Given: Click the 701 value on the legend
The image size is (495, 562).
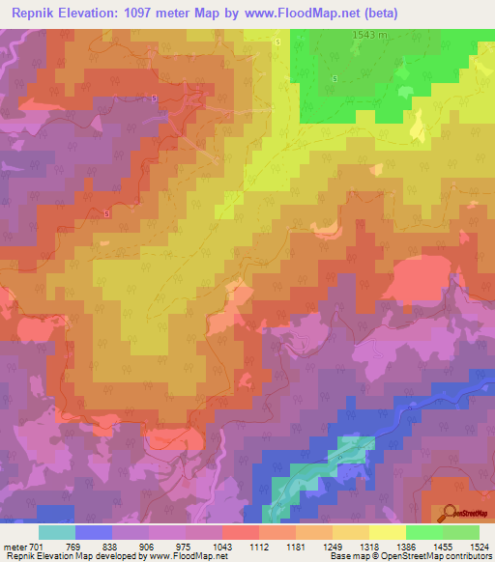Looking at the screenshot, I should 37,547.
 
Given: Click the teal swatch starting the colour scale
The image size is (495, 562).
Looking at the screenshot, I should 57,532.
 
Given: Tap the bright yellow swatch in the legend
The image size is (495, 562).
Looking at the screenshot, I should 388,532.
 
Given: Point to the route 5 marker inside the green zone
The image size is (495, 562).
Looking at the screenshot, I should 335,78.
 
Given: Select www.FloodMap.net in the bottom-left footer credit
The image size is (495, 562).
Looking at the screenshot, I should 189,556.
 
